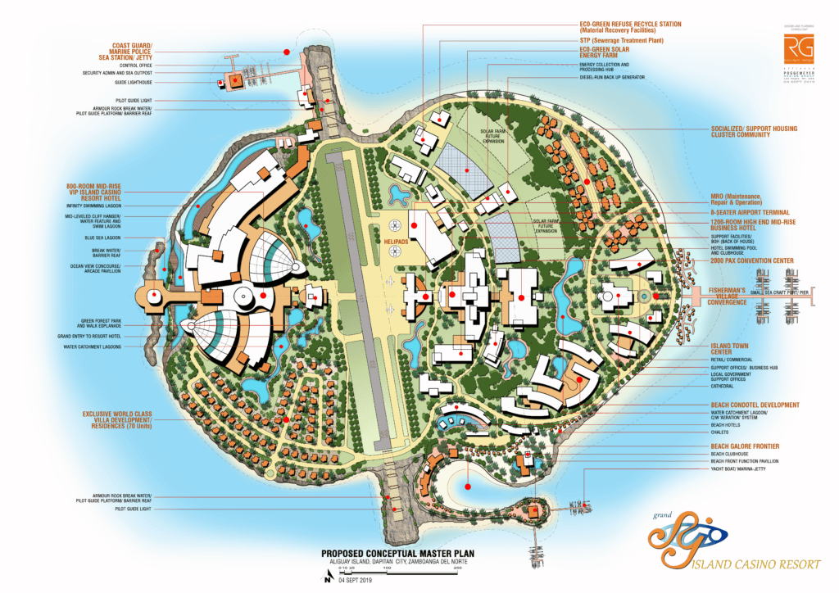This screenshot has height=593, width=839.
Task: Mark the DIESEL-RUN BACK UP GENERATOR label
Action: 613,77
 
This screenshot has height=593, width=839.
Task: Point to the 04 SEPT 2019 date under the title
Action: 355,580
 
